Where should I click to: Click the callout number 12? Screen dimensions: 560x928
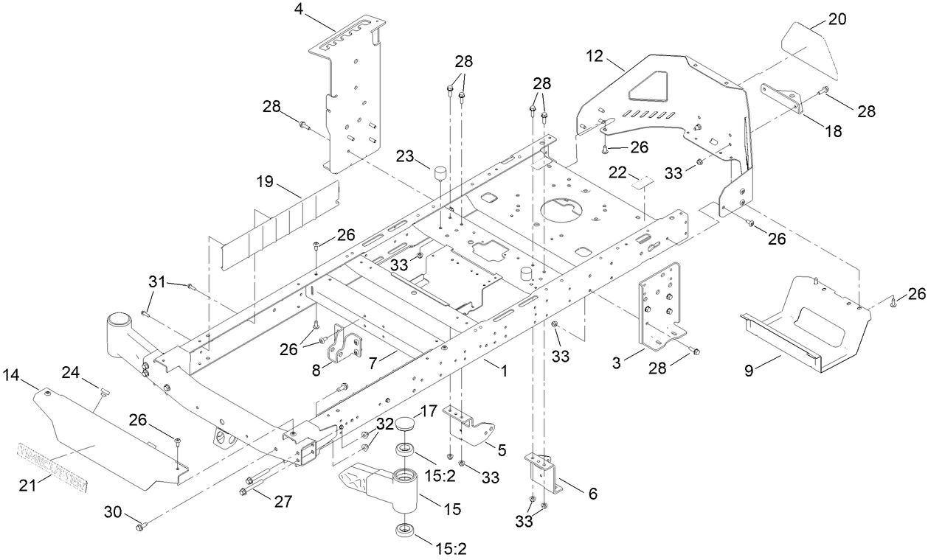point(595,56)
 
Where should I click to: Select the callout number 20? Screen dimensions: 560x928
point(837,20)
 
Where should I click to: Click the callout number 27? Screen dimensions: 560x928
point(283,502)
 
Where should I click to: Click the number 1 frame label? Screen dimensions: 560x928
point(505,372)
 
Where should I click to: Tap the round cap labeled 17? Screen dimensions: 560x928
point(406,424)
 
